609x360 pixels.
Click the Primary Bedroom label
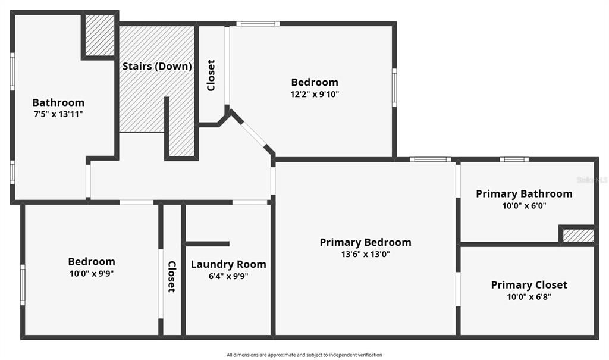[365, 242]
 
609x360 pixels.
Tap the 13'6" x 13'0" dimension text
[365, 254]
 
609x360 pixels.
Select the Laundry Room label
[228, 264]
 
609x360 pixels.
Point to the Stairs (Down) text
[157, 67]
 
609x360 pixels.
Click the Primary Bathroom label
[524, 193]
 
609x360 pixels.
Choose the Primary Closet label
[529, 285]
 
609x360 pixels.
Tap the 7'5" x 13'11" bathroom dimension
[58, 114]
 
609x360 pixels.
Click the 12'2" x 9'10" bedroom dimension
[315, 94]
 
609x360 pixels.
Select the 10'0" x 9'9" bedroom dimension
[91, 274]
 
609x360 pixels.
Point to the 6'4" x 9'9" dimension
[228, 276]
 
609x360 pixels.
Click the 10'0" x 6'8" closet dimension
[529, 297]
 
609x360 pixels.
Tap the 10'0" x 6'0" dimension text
[524, 206]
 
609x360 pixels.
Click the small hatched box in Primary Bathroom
[578, 236]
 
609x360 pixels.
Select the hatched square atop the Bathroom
[99, 35]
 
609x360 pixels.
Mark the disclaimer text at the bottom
[304, 355]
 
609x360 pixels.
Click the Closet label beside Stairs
[211, 75]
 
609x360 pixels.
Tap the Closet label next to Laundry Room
[171, 277]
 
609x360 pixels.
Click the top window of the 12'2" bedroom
[258, 24]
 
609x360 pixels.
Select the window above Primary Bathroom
[514, 159]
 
